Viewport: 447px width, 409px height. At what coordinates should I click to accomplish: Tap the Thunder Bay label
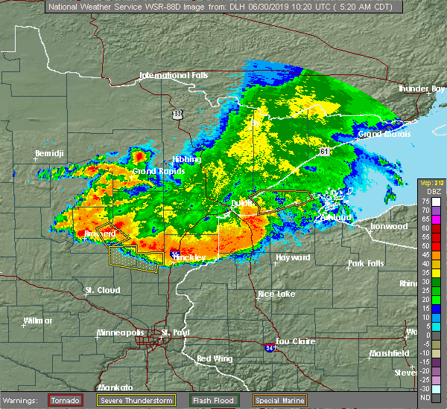pos(422,88)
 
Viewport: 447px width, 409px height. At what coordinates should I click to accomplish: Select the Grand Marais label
pos(380,135)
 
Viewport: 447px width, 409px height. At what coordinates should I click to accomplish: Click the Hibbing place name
pos(186,159)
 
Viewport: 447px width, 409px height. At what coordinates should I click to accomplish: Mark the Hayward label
pos(293,257)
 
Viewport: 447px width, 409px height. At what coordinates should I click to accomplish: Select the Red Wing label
pos(213,359)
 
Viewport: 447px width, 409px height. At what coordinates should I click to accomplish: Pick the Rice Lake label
pos(276,294)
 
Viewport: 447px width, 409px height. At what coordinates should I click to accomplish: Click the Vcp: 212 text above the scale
pos(430,183)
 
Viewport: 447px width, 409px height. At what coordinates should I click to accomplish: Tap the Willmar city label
pos(38,321)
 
